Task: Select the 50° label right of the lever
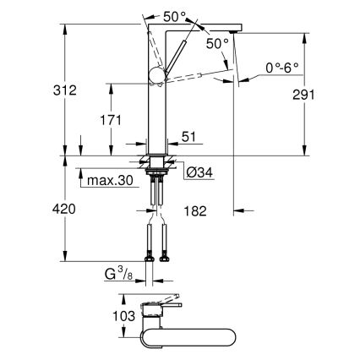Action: click(x=216, y=43)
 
